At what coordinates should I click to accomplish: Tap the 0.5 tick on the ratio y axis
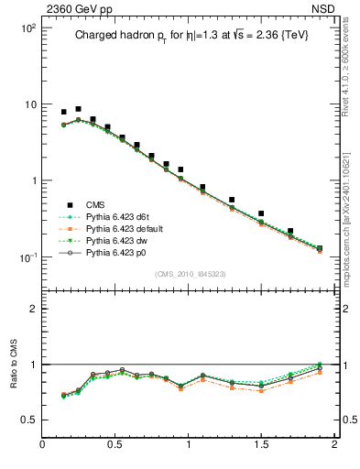(29, 420)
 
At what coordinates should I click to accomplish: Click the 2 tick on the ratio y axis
(33, 309)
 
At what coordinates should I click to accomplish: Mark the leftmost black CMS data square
(64, 112)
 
